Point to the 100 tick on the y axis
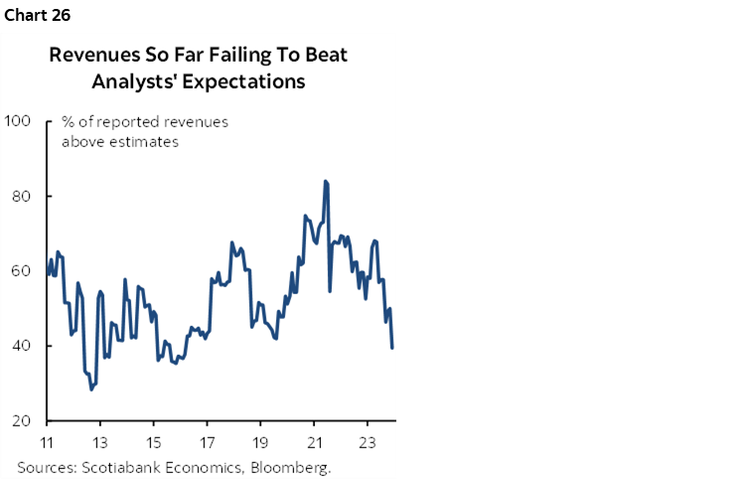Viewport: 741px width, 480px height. pyautogui.click(x=18, y=121)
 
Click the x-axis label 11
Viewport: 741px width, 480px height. pyautogui.click(x=47, y=442)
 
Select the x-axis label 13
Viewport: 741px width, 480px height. pyautogui.click(x=100, y=442)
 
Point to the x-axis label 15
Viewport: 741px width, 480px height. pyautogui.click(x=154, y=442)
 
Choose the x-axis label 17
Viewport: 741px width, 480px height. pyautogui.click(x=207, y=442)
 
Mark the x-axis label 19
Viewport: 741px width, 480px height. pyautogui.click(x=260, y=442)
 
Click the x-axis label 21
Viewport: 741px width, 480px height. pyautogui.click(x=314, y=442)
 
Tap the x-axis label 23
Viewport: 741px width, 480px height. pyautogui.click(x=367, y=442)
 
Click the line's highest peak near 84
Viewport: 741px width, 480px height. pyautogui.click(x=325, y=182)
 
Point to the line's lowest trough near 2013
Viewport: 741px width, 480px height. pyautogui.click(x=91, y=389)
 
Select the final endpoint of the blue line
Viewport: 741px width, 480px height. pyautogui.click(x=392, y=347)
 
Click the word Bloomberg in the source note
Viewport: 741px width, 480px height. pyautogui.click(x=293, y=466)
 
